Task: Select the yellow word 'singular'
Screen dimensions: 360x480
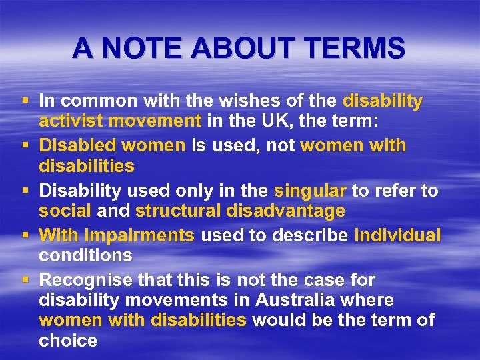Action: pos(310,191)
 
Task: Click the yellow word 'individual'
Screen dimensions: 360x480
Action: pos(397,235)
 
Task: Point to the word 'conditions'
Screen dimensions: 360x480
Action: pos(85,255)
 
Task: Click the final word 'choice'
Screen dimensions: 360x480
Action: pos(68,341)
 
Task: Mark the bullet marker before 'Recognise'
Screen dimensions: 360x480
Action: pos(25,280)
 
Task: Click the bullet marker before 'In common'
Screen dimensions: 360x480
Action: pos(25,101)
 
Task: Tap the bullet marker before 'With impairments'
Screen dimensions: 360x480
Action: pos(25,235)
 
